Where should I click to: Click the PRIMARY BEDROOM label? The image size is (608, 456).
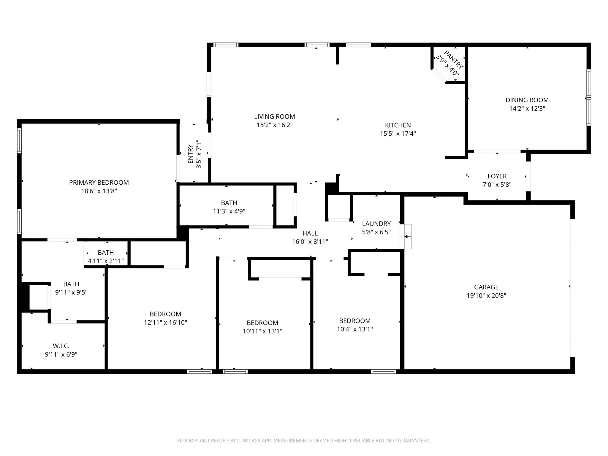tap(99, 183)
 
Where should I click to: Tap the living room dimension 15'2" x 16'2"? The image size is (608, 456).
tap(275, 125)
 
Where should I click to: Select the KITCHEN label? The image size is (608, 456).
tap(398, 125)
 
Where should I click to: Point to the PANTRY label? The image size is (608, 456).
tap(454, 59)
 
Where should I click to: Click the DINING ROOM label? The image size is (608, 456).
tap(527, 100)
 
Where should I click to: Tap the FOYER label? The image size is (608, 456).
tap(497, 176)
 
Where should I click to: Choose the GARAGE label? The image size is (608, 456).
tap(486, 287)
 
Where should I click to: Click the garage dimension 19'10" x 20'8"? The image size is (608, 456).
tap(486, 296)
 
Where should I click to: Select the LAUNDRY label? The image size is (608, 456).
tap(376, 224)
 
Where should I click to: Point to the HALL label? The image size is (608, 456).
tap(310, 233)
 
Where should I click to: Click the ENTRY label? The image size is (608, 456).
tap(191, 154)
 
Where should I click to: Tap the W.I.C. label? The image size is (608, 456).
tap(61, 346)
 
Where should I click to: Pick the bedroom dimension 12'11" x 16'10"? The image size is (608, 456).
tap(165, 322)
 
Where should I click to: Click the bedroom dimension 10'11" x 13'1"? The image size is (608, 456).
tap(262, 331)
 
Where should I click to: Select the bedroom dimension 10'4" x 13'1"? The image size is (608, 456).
tap(355, 329)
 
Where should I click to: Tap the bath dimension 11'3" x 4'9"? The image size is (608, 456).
tap(229, 211)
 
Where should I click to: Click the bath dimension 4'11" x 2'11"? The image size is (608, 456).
tap(106, 261)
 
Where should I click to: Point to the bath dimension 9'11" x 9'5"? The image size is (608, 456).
tap(71, 292)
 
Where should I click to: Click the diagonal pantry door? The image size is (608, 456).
tap(439, 75)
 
